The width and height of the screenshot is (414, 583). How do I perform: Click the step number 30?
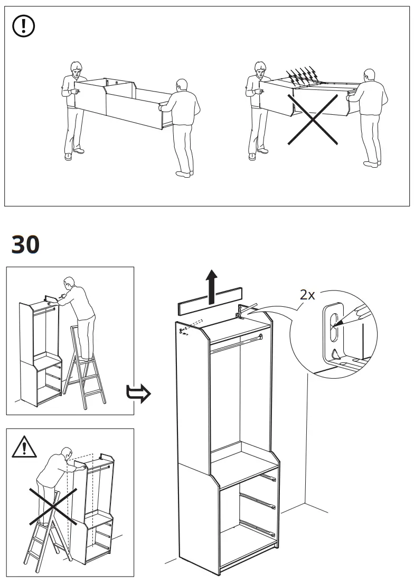(x=25, y=244)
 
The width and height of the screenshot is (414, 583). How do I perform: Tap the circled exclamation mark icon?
(x=23, y=26)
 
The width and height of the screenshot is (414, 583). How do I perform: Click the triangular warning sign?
(x=24, y=447)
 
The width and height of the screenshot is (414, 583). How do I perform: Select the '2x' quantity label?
(x=307, y=295)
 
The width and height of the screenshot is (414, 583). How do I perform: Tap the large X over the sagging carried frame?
(x=313, y=120)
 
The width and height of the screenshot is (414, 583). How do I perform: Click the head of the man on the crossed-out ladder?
(x=67, y=453)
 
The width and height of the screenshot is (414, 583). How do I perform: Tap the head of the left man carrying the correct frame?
(x=76, y=69)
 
